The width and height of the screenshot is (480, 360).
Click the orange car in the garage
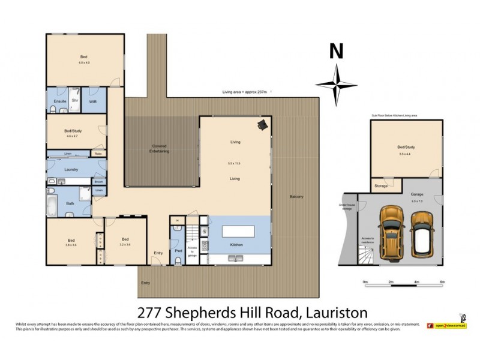(391, 231)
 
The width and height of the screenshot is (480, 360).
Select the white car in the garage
(425, 235)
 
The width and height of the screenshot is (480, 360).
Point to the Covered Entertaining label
(160, 149)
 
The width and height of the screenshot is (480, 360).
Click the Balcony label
(296, 197)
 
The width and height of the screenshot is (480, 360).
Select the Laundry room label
(71, 170)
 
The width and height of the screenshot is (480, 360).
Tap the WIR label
(93, 102)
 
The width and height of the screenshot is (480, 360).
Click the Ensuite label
(59, 102)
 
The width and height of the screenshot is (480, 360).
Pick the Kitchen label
(236, 245)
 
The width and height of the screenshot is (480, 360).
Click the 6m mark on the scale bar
(442, 281)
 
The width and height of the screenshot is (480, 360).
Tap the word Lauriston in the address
(337, 312)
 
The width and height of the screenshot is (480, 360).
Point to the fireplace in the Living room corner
(262, 124)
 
